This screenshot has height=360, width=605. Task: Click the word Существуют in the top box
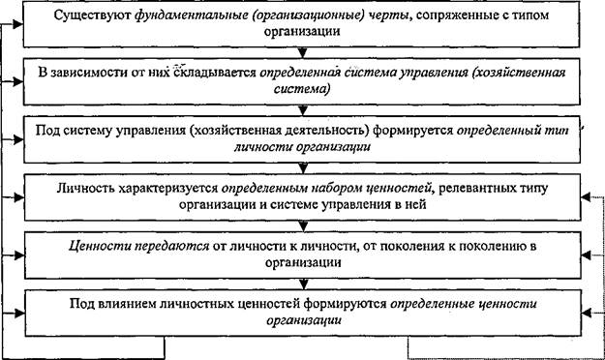(93, 15)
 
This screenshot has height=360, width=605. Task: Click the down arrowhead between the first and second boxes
(303, 53)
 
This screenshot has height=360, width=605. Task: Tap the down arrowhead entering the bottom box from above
(303, 285)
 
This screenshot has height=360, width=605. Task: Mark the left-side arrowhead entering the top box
(18, 25)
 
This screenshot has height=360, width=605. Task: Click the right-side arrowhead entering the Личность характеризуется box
(586, 197)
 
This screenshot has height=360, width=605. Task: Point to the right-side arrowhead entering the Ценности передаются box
(586, 255)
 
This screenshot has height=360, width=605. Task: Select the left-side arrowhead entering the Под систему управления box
(18, 139)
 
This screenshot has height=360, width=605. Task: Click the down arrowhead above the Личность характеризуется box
(303, 168)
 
